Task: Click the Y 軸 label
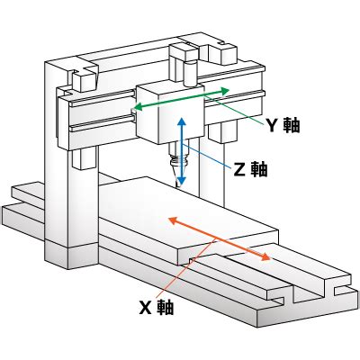pyautogui.click(x=283, y=125)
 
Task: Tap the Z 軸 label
pyautogui.click(x=250, y=169)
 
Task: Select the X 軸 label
pyautogui.click(x=157, y=307)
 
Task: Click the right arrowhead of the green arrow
pyautogui.click(x=224, y=91)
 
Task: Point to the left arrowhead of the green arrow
pyautogui.click(x=137, y=107)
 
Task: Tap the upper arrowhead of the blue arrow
pyautogui.click(x=182, y=121)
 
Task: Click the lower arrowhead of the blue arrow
pyautogui.click(x=182, y=181)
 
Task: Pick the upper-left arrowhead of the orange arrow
pyautogui.click(x=173, y=220)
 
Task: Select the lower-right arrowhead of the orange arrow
pyautogui.click(x=264, y=256)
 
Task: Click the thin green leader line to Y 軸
pyautogui.click(x=234, y=110)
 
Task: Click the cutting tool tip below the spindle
pyautogui.click(x=177, y=184)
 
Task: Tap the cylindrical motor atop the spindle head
pyautogui.click(x=191, y=74)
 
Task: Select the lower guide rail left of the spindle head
pyautogui.click(x=103, y=124)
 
